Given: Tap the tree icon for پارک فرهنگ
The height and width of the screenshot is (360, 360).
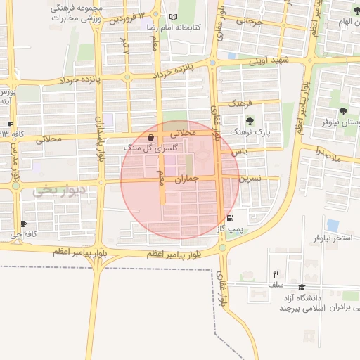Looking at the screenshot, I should point(250,122).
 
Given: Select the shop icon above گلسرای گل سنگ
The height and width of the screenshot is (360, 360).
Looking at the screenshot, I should point(152,138).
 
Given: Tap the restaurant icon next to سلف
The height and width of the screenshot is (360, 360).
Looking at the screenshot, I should point(276,275).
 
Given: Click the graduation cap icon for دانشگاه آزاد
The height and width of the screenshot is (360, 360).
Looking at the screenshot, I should point(302,288).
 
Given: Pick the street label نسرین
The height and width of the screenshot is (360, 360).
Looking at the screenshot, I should point(250,179).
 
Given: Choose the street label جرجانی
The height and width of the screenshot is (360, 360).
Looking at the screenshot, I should point(249,21).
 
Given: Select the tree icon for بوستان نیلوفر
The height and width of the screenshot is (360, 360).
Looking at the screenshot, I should point(343,111).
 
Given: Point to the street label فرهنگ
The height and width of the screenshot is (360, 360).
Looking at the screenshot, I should point(240,104).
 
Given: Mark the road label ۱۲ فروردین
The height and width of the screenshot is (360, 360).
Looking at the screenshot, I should point(131,18).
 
